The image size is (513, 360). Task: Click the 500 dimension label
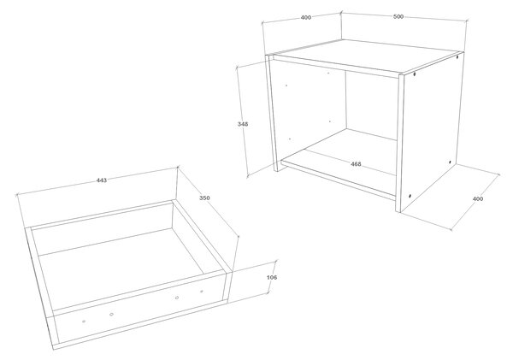click(398, 17)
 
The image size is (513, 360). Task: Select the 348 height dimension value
click(243, 124)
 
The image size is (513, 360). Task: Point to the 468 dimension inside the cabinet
click(356, 164)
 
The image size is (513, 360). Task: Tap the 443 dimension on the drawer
click(102, 180)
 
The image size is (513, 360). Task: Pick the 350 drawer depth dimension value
click(204, 198)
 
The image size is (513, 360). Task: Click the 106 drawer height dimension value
click(272, 278)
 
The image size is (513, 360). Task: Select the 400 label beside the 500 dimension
click(306, 17)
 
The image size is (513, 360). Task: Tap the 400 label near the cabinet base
click(478, 198)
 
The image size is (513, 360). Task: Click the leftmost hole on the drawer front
click(84, 322)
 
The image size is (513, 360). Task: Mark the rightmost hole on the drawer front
click(202, 292)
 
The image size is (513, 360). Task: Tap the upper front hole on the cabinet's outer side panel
click(415, 74)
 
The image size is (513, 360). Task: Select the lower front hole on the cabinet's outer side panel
click(410, 196)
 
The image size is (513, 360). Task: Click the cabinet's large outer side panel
click(432, 131)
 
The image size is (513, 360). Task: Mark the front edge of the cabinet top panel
click(336, 67)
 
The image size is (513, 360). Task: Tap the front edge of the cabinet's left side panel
click(272, 113)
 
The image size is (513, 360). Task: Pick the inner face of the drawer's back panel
click(102, 229)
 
